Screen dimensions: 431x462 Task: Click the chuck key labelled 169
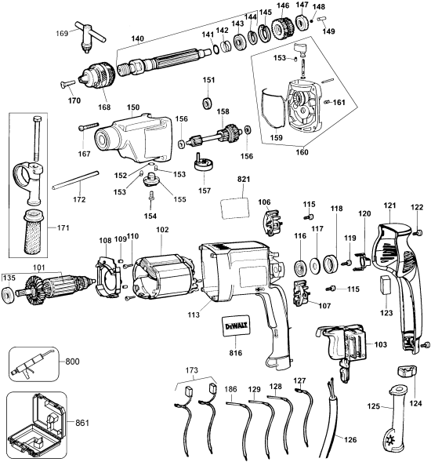[89, 36]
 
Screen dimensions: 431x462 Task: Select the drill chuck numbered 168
[98, 75]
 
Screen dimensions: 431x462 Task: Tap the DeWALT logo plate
[236, 326]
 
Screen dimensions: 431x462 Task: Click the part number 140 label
[137, 38]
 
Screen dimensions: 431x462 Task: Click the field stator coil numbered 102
[164, 278]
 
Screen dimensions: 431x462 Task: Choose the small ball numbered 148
[313, 21]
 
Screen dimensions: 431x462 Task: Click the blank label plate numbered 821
[235, 209]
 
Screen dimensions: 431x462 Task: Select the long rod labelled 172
[75, 180]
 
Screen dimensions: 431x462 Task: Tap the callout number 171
[63, 227]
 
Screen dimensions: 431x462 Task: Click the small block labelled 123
[386, 285]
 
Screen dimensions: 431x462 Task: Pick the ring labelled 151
[208, 104]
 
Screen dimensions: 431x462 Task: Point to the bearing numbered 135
[8, 296]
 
